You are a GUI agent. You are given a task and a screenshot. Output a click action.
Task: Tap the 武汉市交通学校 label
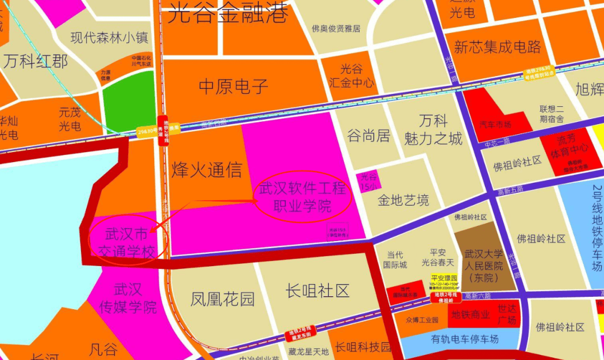[x=127, y=243]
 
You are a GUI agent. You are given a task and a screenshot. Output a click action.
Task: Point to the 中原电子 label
[x=234, y=86]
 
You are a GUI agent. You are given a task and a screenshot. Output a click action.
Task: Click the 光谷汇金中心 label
[x=352, y=76]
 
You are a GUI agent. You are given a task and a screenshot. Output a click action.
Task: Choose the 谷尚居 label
[x=368, y=136]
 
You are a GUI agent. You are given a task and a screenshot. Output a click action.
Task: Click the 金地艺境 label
[x=403, y=200]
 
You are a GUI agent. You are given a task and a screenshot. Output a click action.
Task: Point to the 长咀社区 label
[x=317, y=291]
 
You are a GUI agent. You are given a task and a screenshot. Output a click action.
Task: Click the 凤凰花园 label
[x=223, y=299]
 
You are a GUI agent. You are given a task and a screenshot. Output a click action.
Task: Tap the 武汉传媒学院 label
[x=128, y=298]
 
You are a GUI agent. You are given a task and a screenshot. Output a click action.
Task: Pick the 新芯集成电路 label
[x=498, y=47]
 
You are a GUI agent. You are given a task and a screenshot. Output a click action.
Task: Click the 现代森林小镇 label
[x=110, y=38]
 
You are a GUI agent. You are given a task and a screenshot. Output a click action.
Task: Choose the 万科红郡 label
[x=35, y=61]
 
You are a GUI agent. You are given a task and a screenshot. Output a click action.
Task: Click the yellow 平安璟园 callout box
[x=445, y=281]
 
